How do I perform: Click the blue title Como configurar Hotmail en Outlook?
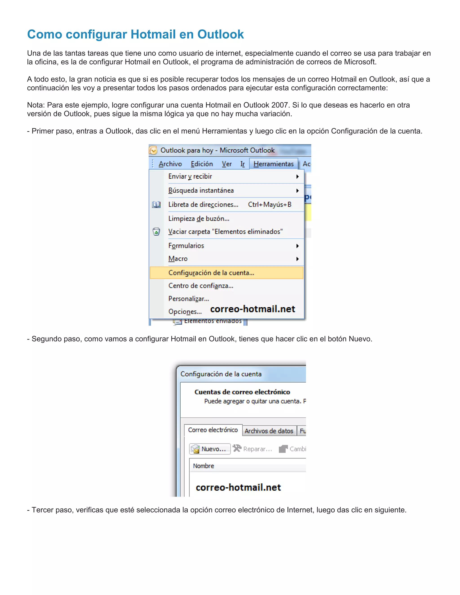pos(135,34)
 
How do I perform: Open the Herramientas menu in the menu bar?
pos(273,164)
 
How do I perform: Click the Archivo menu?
pos(170,164)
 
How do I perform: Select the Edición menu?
pos(202,164)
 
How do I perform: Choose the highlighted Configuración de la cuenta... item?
pos(211,273)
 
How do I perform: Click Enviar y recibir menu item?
pos(190,176)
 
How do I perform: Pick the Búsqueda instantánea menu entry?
pos(201,190)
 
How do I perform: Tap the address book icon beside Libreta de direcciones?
pos(156,205)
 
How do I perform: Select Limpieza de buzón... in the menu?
pos(199,218)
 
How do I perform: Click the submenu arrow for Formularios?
pos(298,246)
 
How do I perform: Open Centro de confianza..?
pos(201,286)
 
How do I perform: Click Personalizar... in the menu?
pos(189,299)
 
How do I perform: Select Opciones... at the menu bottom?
pos(185,312)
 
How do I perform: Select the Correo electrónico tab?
pos(213,430)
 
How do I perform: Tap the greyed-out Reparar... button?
pos(253,449)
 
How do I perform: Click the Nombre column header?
pos(203,466)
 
